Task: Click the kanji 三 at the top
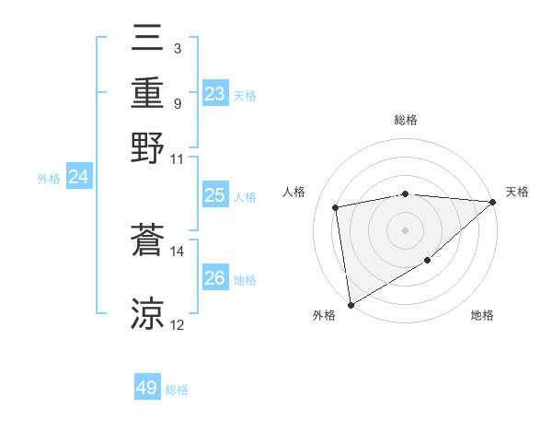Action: pos(147,38)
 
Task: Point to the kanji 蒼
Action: pos(147,241)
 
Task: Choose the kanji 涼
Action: pos(147,313)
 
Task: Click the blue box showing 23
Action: pos(214,94)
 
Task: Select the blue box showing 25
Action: pos(214,195)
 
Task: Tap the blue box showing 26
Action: pos(214,278)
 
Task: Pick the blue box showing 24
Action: pos(78,177)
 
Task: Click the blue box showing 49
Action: pos(147,388)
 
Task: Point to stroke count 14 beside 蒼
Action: pos(178,251)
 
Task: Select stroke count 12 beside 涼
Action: pos(178,324)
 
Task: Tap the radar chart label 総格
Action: pos(406,120)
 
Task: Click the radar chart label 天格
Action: pos(517,192)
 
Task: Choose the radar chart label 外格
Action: pos(324,315)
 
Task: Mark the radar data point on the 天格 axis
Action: pos(493,202)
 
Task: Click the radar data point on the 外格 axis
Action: pos(351,304)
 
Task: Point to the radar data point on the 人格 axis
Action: pos(337,207)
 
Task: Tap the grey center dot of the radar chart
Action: pos(406,229)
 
